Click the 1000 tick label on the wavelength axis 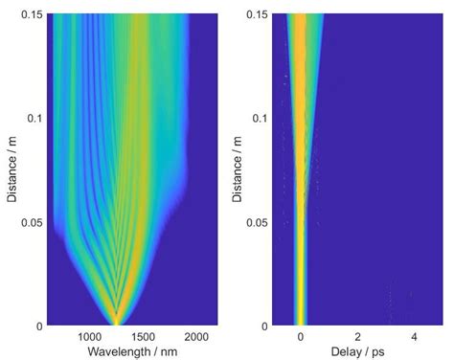point(88,337)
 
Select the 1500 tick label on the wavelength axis point(142,337)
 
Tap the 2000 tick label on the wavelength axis point(195,337)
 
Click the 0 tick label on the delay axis point(301,337)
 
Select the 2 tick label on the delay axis point(357,337)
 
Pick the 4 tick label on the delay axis point(414,337)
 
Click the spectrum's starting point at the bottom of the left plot point(116,322)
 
